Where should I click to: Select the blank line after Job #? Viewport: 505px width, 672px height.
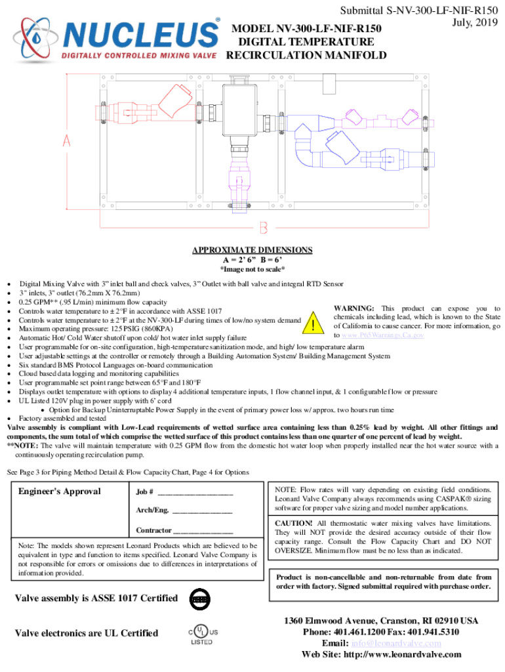pyautogui.click(x=195, y=492)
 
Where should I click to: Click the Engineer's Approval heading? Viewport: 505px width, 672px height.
pyautogui.click(x=60, y=492)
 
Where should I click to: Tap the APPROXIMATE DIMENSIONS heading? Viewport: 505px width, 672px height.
pyautogui.click(x=252, y=250)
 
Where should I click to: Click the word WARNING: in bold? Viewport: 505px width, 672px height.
pyautogui.click(x=354, y=308)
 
